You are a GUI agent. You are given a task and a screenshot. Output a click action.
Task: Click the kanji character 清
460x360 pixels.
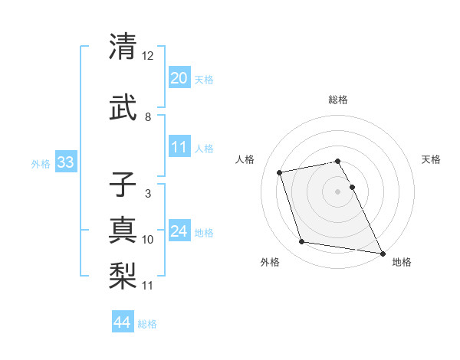(x=123, y=47)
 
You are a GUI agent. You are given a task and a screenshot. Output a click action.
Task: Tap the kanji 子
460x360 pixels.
(x=123, y=185)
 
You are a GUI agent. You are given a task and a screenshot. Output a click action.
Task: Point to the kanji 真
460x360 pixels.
(x=123, y=230)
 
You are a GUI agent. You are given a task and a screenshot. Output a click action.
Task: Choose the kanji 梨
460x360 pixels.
(x=123, y=275)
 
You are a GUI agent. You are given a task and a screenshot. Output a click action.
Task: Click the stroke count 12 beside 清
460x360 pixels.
(x=148, y=56)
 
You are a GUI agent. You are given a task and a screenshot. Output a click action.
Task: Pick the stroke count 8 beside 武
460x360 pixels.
(x=148, y=116)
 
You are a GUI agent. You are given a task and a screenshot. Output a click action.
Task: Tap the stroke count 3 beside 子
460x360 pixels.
(x=148, y=194)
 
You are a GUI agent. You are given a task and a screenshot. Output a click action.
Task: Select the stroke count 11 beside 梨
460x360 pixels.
(x=148, y=286)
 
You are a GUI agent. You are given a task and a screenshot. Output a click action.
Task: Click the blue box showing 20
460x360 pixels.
(x=179, y=77)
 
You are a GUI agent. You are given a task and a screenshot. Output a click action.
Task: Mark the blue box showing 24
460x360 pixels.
(x=179, y=231)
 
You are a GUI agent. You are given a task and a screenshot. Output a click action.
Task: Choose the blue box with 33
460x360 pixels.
(x=65, y=162)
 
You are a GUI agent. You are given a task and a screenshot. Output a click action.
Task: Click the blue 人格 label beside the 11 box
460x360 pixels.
(x=204, y=148)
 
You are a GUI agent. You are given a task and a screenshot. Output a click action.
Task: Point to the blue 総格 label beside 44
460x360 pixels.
(x=147, y=324)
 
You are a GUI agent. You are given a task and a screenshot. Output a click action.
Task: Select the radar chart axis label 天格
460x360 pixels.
(x=432, y=159)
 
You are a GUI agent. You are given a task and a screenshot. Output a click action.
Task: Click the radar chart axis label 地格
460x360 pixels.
(x=402, y=263)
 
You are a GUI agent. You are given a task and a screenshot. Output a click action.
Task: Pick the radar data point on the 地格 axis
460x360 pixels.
(x=381, y=253)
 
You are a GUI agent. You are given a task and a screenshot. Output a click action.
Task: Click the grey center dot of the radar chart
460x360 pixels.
(x=337, y=191)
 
